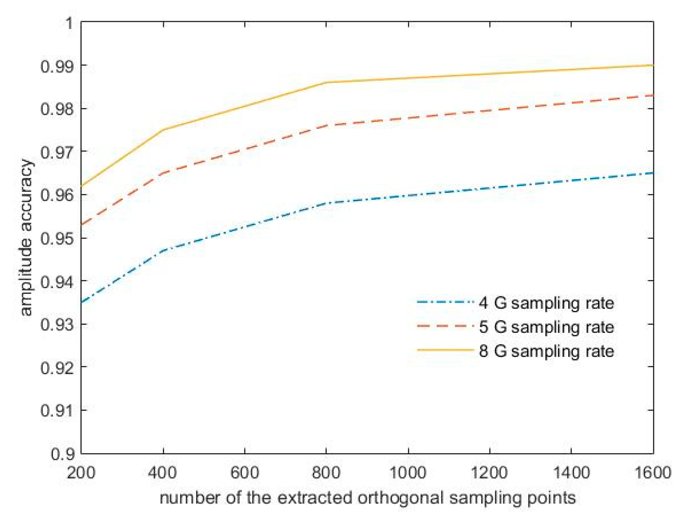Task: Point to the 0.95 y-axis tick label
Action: (x=57, y=238)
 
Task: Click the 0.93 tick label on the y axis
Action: (x=57, y=324)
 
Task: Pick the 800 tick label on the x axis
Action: (x=326, y=472)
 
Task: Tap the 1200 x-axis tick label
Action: (x=489, y=472)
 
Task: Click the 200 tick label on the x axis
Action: (x=81, y=472)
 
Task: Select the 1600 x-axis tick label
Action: (x=652, y=472)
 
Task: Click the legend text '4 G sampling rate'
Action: (x=546, y=303)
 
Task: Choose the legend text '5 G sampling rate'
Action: (x=546, y=327)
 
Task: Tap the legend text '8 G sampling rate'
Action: (x=546, y=351)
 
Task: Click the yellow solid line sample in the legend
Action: (x=445, y=350)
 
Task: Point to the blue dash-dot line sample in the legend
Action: (x=445, y=302)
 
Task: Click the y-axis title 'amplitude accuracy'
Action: (x=26, y=238)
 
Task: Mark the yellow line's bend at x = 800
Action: (x=326, y=82)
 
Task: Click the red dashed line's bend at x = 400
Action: (x=163, y=173)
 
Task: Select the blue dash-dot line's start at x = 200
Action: (x=82, y=302)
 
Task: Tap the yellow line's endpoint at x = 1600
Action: (x=653, y=65)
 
